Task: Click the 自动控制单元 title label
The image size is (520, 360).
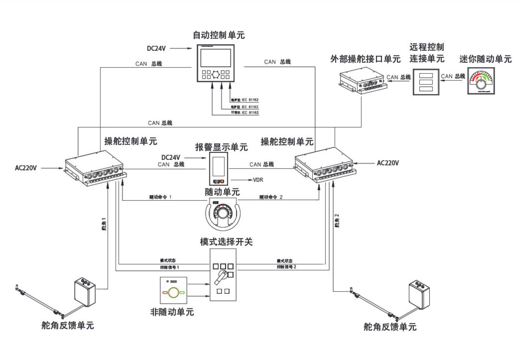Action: pyautogui.click(x=219, y=35)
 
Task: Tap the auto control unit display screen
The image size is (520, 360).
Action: pyautogui.click(x=216, y=57)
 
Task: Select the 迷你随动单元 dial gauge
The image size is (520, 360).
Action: pyautogui.click(x=483, y=80)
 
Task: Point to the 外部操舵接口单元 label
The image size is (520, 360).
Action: pyautogui.click(x=365, y=59)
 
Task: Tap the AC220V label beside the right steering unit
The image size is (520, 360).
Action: pyautogui.click(x=388, y=163)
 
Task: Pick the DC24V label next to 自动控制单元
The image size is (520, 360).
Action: pyautogui.click(x=157, y=48)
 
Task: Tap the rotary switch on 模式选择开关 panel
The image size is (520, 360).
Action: pyautogui.click(x=221, y=275)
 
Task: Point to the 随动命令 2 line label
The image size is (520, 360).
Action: pyautogui.click(x=271, y=197)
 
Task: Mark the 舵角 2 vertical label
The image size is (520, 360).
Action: pyautogui.click(x=337, y=221)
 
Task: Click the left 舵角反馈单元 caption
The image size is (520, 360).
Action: pyautogui.click(x=68, y=325)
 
